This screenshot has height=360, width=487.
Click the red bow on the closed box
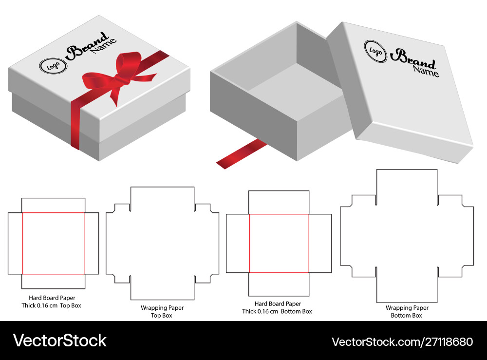coord(120,76)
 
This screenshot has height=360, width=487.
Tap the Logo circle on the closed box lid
coord(53,66)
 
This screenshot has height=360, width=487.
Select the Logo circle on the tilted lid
coord(375,51)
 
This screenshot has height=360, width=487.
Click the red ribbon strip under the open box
coord(242,154)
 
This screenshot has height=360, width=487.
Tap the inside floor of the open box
coord(295,90)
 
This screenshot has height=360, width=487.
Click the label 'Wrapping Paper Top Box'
coord(162,312)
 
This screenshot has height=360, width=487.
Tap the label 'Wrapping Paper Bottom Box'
coord(407,312)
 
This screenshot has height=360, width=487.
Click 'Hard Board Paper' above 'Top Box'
coord(52,298)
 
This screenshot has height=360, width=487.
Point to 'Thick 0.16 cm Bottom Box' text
coord(277,311)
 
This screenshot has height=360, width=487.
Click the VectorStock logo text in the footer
coord(59,341)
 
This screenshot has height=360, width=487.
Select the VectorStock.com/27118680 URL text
coord(402,342)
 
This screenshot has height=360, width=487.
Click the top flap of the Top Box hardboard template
coord(54,205)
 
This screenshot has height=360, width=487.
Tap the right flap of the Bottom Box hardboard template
coord(320,244)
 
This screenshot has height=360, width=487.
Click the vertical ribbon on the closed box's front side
coord(75,124)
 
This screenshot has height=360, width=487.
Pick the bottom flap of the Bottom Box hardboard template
coord(279,284)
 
